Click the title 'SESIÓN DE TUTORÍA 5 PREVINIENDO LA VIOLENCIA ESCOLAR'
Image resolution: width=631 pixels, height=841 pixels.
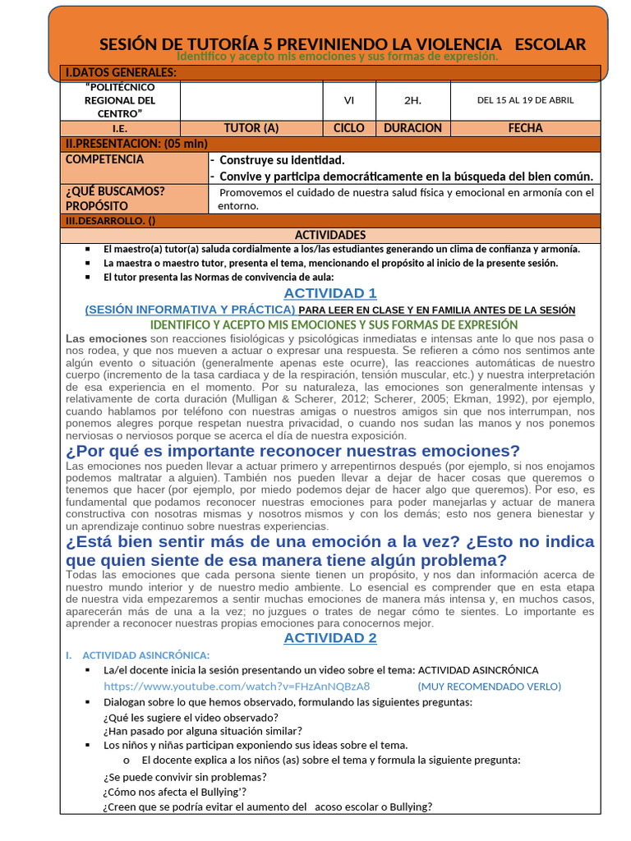point(343,44)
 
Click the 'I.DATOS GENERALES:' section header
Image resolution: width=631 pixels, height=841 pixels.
point(122,73)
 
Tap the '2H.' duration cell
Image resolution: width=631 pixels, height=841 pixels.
point(412,100)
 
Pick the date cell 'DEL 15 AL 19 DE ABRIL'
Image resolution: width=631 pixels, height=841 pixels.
point(525,100)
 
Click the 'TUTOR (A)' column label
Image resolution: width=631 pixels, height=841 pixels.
point(251,128)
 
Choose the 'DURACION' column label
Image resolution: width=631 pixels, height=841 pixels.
point(412,128)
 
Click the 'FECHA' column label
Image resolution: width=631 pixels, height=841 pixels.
point(525,128)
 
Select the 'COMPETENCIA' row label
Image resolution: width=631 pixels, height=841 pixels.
point(104,159)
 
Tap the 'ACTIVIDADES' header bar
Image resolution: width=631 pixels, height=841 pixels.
point(330,235)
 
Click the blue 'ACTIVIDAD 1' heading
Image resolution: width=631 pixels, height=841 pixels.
point(330,293)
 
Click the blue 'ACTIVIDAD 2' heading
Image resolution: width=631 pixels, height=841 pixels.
point(330,638)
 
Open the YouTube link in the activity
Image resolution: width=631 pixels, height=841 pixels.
point(237,687)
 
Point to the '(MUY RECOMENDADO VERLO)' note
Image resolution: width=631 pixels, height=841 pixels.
point(489,687)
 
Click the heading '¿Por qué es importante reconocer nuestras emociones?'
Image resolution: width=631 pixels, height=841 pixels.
point(292,451)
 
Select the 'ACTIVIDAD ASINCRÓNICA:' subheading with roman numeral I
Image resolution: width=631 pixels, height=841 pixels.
point(146,655)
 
